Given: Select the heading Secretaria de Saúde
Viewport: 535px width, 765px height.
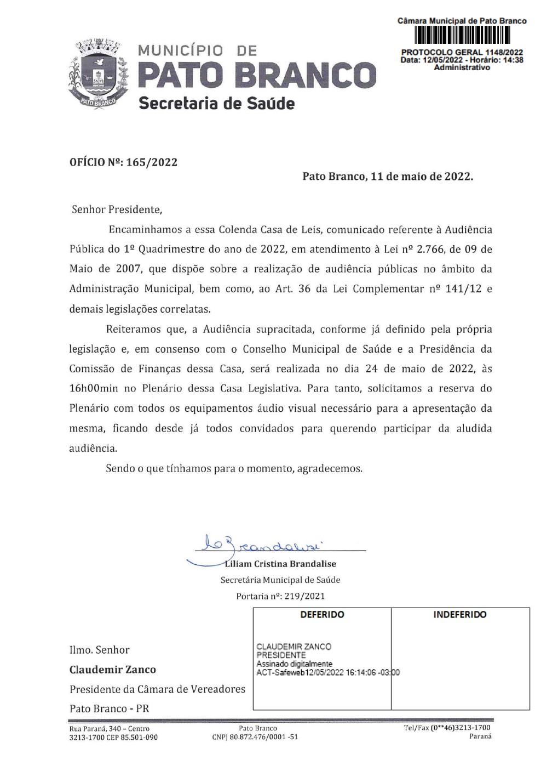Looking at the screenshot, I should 216,103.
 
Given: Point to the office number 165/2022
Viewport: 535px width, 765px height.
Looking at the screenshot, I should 152,162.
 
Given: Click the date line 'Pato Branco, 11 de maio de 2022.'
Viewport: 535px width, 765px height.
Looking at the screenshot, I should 388,177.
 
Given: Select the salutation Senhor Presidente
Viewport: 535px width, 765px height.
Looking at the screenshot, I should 117,209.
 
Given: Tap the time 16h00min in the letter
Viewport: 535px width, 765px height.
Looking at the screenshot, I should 94,388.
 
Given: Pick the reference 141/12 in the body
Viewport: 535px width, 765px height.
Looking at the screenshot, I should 463,289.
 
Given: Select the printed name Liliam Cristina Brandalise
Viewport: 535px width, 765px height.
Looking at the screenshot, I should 280,564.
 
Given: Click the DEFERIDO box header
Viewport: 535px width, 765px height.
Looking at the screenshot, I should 322,615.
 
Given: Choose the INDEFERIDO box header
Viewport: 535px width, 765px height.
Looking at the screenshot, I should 459,615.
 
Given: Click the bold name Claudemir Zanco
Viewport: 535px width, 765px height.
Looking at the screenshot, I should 112,670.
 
